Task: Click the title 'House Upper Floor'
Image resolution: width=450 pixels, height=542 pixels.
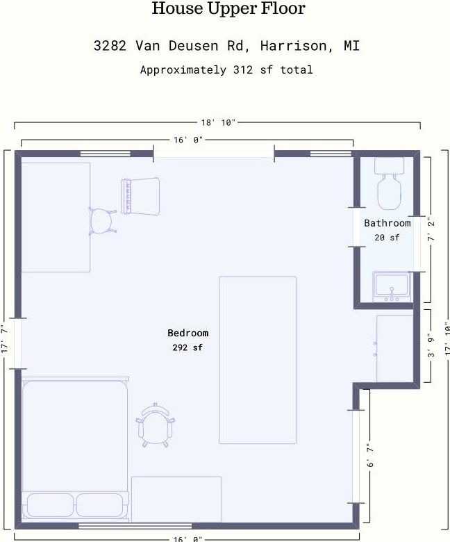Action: coord(228,8)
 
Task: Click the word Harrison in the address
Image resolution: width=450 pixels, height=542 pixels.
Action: coord(293,46)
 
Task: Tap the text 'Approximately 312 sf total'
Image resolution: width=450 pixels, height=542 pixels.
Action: coord(226,69)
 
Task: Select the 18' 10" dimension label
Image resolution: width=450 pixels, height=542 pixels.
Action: coord(218,123)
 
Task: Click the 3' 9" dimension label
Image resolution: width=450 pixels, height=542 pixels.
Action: coord(431,345)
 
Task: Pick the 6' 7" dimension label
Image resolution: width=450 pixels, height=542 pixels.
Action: coord(370,455)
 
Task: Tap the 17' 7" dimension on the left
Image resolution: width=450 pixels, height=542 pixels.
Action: coord(4,339)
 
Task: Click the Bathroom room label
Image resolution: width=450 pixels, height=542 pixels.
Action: coord(387,223)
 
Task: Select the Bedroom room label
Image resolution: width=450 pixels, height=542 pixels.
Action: coord(188,333)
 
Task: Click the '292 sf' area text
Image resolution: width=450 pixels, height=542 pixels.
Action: coord(187,347)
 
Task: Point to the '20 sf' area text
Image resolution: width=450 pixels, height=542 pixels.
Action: coord(387,238)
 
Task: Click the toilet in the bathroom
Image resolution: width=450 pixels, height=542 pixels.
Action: coord(389,183)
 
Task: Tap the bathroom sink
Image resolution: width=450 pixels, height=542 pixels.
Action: coord(392,286)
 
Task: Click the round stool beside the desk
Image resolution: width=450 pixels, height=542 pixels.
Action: coord(102,221)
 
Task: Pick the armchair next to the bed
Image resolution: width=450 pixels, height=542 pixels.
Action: coord(155,425)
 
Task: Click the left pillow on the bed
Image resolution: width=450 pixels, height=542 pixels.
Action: coord(50,505)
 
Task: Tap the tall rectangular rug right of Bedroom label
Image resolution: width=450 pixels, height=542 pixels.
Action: coord(258,360)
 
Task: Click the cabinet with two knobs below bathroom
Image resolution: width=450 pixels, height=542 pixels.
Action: coord(394,348)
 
